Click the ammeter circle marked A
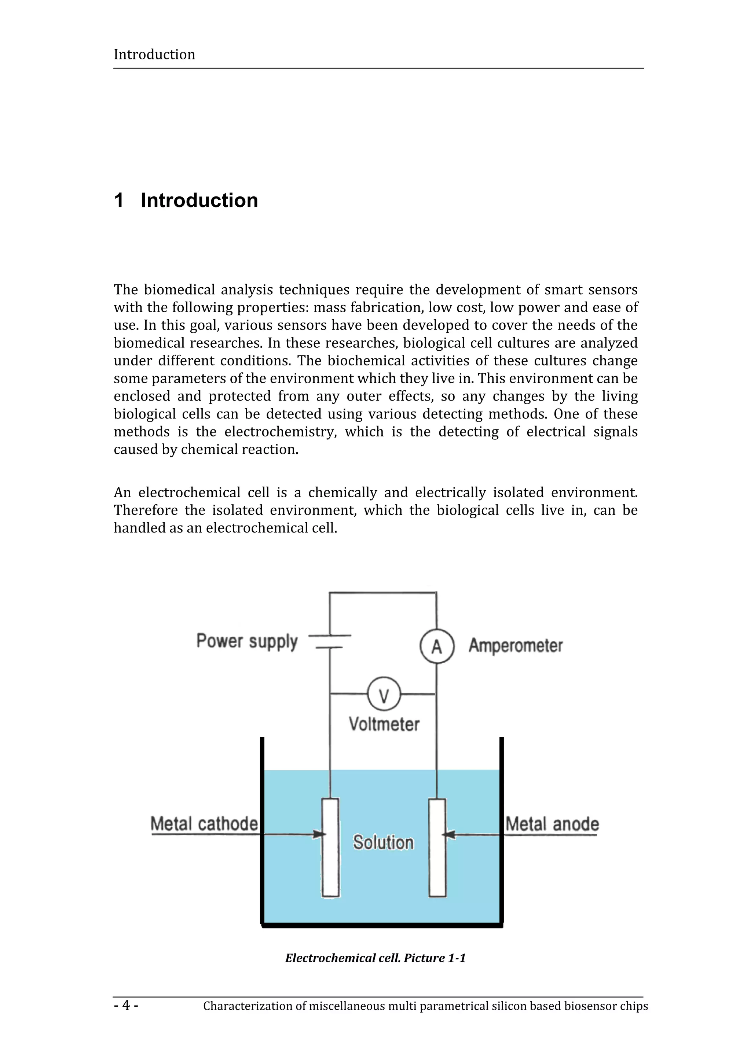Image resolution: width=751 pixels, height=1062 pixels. pos(437,646)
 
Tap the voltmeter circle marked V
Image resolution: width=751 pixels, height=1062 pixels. pos(384,694)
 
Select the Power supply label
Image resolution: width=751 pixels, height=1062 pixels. pos(247,642)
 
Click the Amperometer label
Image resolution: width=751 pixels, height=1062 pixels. pos(516,645)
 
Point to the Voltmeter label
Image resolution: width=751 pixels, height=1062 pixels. pos(384,724)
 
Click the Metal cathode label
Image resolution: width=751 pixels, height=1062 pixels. pos(204,824)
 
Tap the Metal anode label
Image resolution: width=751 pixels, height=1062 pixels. pos(552,824)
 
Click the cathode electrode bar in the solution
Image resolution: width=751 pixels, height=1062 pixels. pos(331,870)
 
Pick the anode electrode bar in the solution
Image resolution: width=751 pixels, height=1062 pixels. pos(437,870)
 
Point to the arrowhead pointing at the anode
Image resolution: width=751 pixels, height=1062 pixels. pos(448,835)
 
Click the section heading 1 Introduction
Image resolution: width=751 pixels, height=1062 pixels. pos(186,200)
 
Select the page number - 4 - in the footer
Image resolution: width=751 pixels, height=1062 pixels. pos(126,1005)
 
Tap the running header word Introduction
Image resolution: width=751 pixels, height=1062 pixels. pos(154,55)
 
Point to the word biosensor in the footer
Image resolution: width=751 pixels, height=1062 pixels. pos(590,1006)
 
